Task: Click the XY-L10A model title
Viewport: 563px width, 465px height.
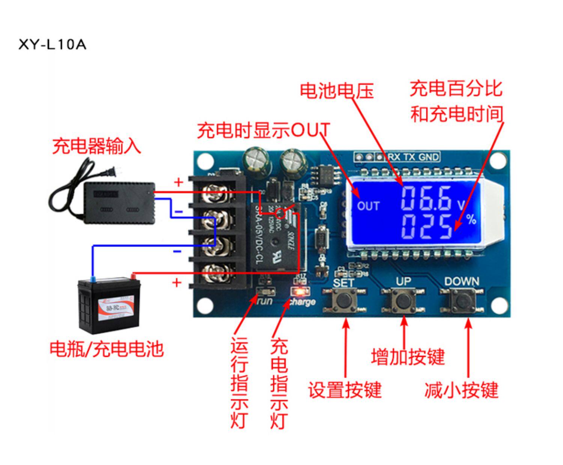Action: (52, 45)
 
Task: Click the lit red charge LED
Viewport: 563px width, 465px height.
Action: (300, 291)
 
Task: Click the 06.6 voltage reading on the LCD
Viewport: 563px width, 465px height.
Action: (426, 198)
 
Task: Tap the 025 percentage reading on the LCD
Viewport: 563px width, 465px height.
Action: (427, 227)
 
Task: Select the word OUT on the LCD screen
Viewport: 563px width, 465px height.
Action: (368, 206)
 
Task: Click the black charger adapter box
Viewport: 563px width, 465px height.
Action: (119, 202)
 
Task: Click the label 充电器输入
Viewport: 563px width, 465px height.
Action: (96, 146)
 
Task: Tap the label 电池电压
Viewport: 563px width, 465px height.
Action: (337, 91)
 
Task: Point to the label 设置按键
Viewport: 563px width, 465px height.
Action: (345, 390)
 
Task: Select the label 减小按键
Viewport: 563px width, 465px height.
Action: (461, 390)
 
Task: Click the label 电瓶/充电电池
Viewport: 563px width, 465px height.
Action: (107, 349)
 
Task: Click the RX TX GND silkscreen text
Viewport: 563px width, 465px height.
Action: (413, 157)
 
